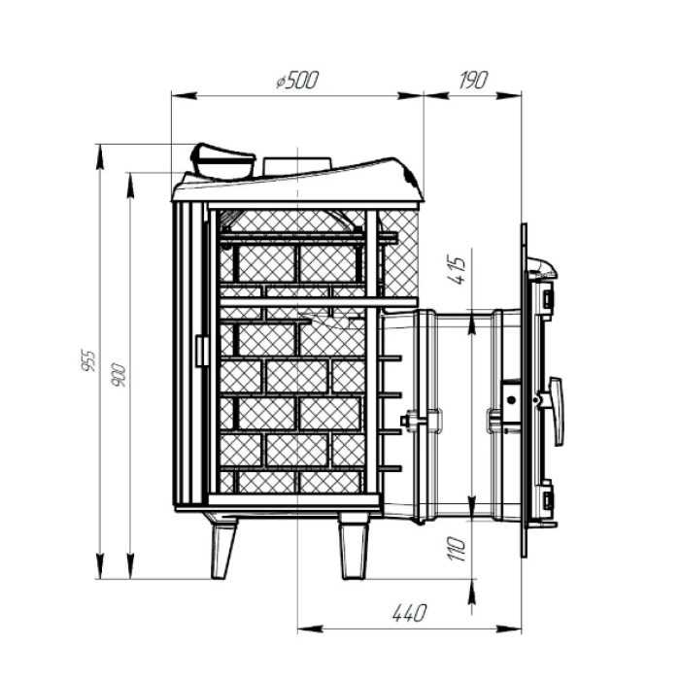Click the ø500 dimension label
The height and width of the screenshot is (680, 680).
(297, 80)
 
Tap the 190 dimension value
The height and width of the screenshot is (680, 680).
(474, 80)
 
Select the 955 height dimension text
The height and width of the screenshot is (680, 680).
(88, 360)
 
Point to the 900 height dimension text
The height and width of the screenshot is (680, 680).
(119, 375)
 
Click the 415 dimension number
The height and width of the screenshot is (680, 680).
(458, 271)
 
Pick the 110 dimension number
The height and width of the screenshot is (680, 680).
(458, 549)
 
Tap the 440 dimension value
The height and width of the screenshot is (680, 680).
(409, 613)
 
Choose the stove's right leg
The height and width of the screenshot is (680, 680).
(354, 547)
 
